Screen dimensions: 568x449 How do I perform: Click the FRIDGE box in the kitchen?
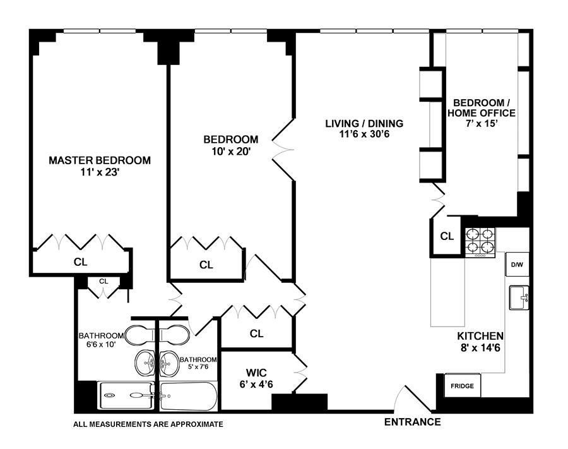coord(462,386)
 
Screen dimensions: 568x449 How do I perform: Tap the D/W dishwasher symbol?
coord(517,264)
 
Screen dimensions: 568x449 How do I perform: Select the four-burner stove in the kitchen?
coord(480,242)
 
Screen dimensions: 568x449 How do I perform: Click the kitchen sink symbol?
coord(519,297)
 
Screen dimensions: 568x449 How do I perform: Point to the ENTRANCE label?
coord(412,422)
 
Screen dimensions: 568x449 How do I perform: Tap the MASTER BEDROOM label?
coord(100,160)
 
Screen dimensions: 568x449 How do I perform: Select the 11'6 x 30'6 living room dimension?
coord(364,134)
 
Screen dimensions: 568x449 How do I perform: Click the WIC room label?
coord(256,373)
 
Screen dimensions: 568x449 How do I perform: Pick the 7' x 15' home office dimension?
coord(481,123)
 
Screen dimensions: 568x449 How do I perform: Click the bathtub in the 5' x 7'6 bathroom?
coord(188,396)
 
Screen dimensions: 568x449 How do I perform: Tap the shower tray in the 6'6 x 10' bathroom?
coord(126,396)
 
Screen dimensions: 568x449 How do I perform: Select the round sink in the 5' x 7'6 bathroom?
coord(169,364)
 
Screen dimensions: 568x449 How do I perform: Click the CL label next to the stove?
coord(447,236)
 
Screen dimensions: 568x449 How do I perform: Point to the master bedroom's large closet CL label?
coord(80,261)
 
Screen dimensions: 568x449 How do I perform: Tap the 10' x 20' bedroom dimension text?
coord(231,151)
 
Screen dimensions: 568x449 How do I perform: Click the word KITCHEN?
coord(480,336)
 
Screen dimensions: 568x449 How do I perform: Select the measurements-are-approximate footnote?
coord(148,424)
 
